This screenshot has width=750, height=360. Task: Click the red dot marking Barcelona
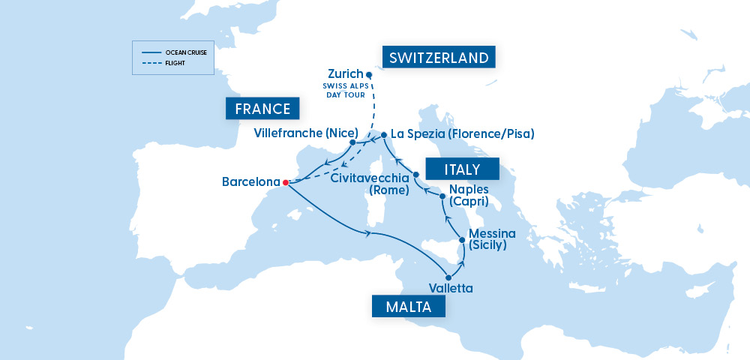point(286,181)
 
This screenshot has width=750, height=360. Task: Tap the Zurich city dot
point(368,75)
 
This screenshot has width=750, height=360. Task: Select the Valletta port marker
point(448,277)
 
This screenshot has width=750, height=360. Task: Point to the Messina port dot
point(461,240)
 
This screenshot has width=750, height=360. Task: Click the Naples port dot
point(442,196)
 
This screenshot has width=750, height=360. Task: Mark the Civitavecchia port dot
point(416,175)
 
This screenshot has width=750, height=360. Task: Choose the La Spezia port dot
point(384,135)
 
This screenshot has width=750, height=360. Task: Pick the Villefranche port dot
point(352,142)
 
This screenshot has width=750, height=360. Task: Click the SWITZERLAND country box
point(439,58)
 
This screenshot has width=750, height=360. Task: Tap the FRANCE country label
point(262,109)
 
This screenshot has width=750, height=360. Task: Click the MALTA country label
point(409,307)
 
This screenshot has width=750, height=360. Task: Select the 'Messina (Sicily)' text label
point(492,239)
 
